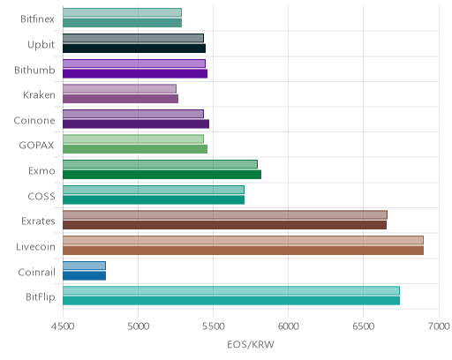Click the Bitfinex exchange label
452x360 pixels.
[37, 19]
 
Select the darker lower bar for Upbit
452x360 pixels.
[134, 49]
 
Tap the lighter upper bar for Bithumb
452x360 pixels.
[134, 64]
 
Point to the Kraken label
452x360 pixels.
[39, 95]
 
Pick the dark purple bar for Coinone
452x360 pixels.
[136, 124]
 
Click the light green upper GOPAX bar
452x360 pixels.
[133, 139]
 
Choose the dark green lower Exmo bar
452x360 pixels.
[162, 175]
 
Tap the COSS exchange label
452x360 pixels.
[41, 196]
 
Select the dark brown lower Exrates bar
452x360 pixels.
[224, 225]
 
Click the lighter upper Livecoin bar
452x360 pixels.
[243, 240]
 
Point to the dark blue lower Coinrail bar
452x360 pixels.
[84, 276]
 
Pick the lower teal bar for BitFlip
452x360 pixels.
[231, 301]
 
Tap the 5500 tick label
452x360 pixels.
[214, 326]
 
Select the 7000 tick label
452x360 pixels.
[439, 326]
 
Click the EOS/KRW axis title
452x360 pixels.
[251, 344]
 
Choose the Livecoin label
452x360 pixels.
[35, 246]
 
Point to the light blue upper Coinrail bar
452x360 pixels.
[84, 266]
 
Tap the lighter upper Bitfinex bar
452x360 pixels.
[122, 12]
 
